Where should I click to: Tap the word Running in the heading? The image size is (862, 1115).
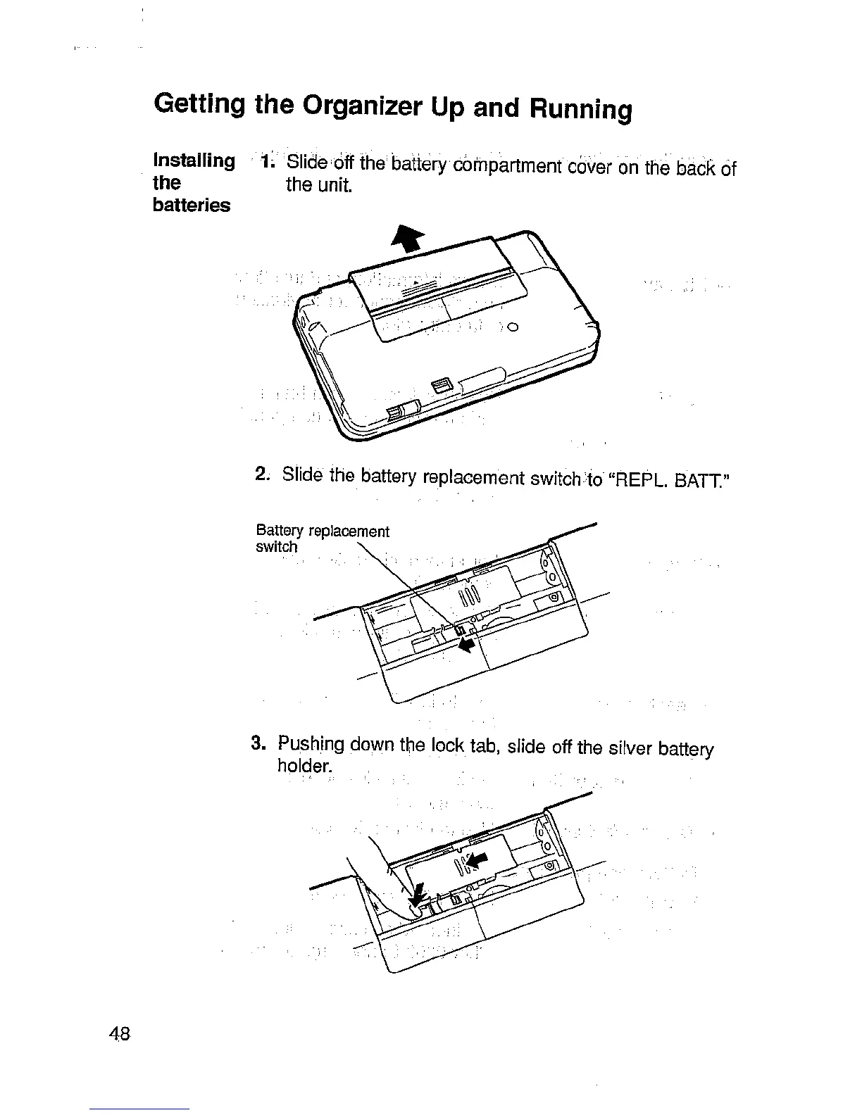tap(575, 110)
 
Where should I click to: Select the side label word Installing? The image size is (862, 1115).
tap(194, 161)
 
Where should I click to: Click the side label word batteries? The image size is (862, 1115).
tap(192, 206)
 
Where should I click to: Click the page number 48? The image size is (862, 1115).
tap(119, 1033)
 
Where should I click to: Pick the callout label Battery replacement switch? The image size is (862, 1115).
tap(321, 538)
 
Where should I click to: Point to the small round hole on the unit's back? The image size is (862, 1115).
tap(513, 327)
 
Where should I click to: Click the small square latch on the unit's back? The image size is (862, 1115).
tap(441, 385)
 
